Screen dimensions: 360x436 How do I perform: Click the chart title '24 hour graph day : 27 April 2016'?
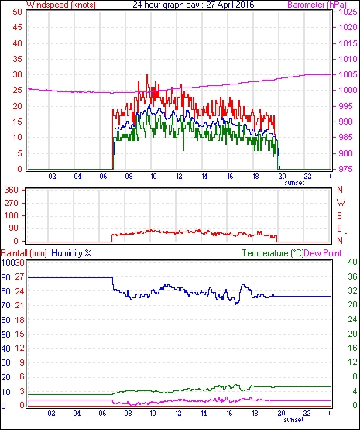pyautogui.click(x=194, y=5)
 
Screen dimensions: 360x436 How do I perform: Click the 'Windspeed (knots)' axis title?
pyautogui.click(x=61, y=5)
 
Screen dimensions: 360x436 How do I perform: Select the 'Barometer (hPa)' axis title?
pyautogui.click(x=317, y=5)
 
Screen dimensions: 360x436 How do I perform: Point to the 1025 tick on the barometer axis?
pyautogui.click(x=348, y=12)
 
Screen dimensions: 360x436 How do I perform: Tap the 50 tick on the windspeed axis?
pyautogui.click(x=17, y=12)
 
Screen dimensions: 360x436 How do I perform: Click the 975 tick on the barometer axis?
pyautogui.click(x=346, y=169)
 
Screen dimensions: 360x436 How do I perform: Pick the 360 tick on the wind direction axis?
pyautogui.click(x=12, y=191)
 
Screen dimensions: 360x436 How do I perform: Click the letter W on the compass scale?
pyautogui.click(x=341, y=202)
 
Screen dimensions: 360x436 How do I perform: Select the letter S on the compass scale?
pyautogui.click(x=339, y=215)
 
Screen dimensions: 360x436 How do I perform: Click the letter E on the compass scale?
pyautogui.click(x=339, y=228)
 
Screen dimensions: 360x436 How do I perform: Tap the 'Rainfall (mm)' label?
pyautogui.click(x=24, y=253)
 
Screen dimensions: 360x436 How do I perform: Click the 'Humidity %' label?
pyautogui.click(x=71, y=253)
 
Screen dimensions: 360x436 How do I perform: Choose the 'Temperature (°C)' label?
pyautogui.click(x=273, y=253)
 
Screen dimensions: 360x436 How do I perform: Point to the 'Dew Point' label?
pyautogui.click(x=323, y=253)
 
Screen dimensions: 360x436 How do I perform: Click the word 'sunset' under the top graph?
pyautogui.click(x=294, y=183)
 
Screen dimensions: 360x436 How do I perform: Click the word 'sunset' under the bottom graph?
pyautogui.click(x=293, y=420)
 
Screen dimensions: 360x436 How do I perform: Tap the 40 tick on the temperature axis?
pyautogui.click(x=352, y=262)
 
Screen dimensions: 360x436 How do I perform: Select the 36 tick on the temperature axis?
pyautogui.click(x=352, y=276)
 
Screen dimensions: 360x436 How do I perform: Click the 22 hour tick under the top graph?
pyautogui.click(x=307, y=177)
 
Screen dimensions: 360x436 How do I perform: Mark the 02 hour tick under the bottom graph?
pyautogui.click(x=51, y=414)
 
